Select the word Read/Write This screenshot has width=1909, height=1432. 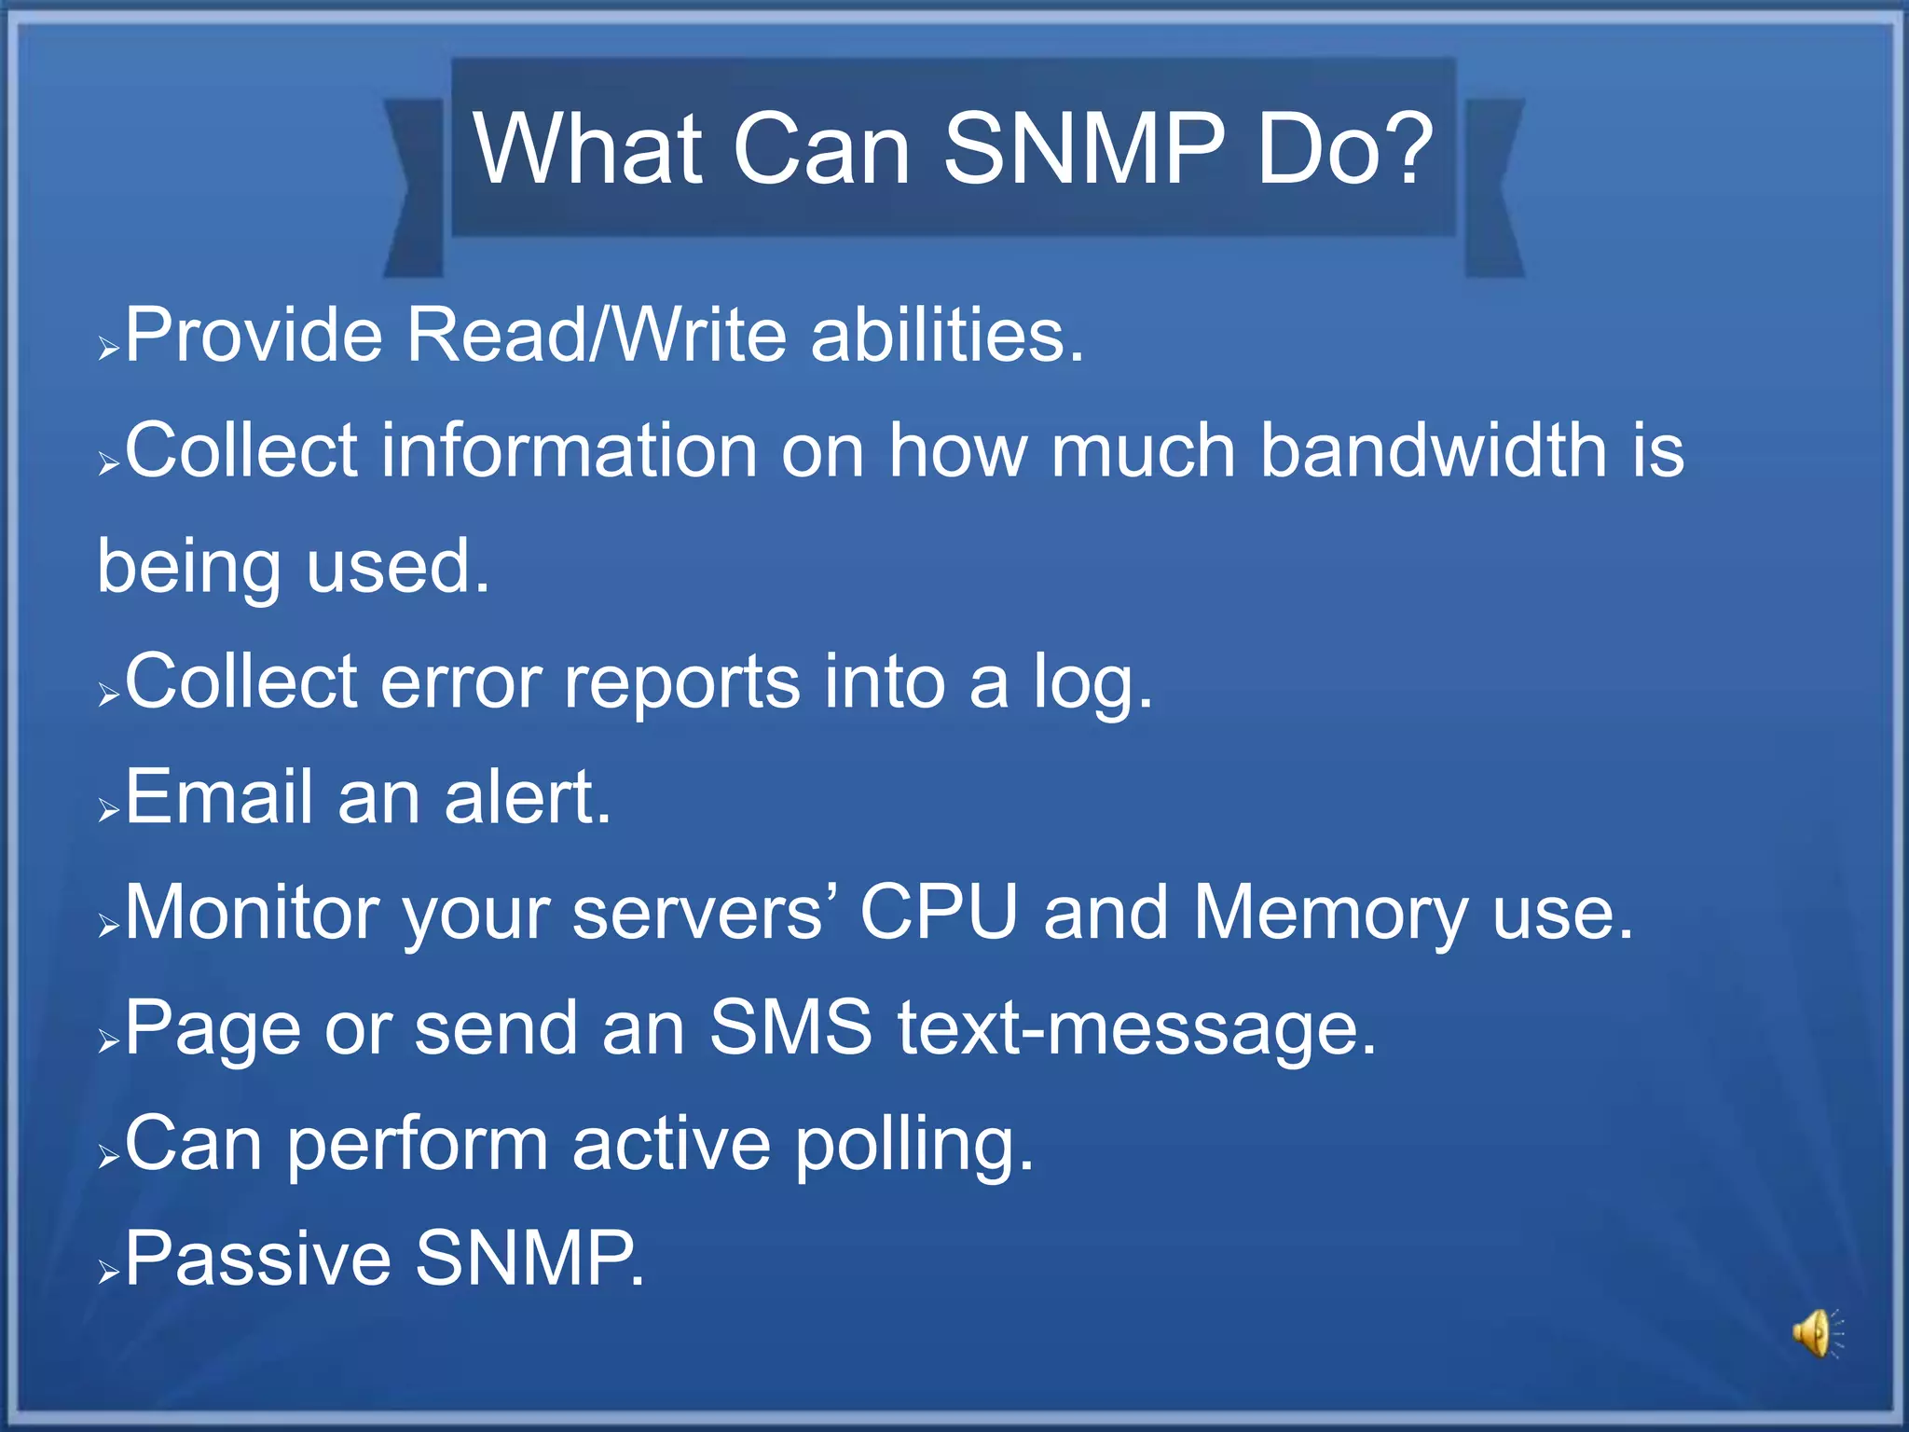point(597,336)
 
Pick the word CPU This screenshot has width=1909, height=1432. point(938,914)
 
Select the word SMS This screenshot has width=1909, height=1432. point(790,1028)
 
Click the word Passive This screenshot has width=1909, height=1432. point(257,1260)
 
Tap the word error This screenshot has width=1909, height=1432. point(460,684)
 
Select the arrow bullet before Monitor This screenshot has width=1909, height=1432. point(109,928)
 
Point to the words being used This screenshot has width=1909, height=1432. point(293,568)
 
